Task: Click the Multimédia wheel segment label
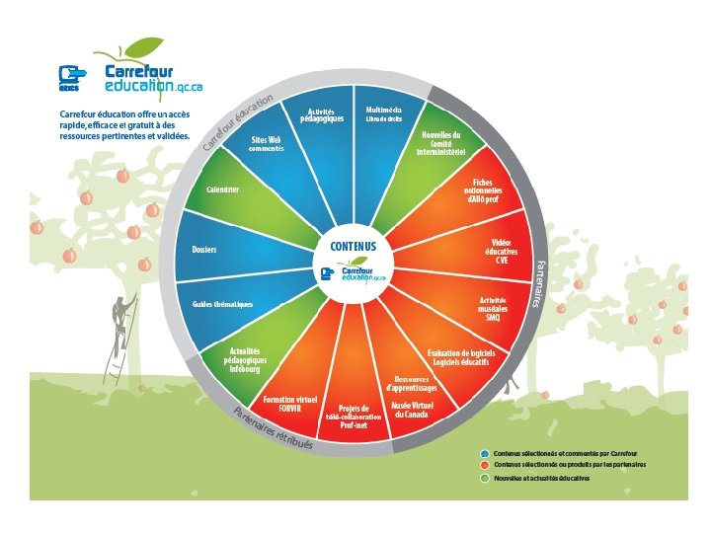(383, 114)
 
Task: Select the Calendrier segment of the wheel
(222, 189)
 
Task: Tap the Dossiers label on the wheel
(203, 249)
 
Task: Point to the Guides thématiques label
(222, 304)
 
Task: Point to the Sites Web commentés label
(267, 143)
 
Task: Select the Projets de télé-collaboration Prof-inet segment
(354, 417)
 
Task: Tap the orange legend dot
(486, 464)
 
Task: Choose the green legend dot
(486, 478)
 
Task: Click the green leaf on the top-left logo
(144, 45)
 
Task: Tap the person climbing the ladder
(122, 316)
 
